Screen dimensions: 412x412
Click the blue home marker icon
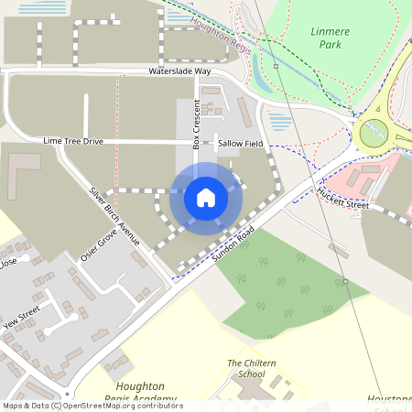pos(206,197)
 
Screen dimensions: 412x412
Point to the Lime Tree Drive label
pos(73,142)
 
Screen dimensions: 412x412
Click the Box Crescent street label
pos(196,124)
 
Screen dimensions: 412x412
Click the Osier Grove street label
pos(99,246)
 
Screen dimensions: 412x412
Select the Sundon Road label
pos(231,246)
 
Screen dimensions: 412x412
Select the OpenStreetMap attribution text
pos(92,406)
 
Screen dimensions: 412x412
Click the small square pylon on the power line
pos(275,66)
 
